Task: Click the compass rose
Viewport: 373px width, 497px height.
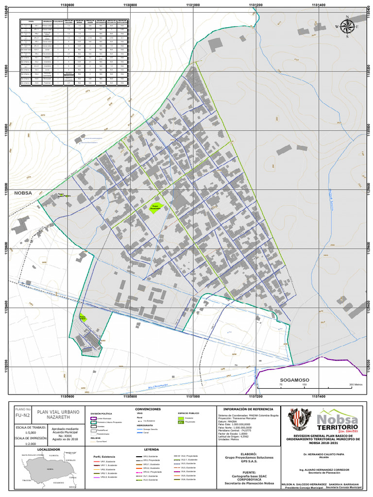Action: (348, 27)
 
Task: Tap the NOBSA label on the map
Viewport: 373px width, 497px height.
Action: (22, 193)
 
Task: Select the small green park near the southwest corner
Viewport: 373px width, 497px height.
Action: (83, 318)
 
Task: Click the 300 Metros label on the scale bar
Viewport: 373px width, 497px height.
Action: (356, 384)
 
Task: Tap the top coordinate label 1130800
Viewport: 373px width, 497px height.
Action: (130, 4)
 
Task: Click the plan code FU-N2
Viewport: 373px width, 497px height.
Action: (23, 416)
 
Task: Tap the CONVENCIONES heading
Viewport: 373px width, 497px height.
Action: (148, 409)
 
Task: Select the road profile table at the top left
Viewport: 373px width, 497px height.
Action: (74, 53)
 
